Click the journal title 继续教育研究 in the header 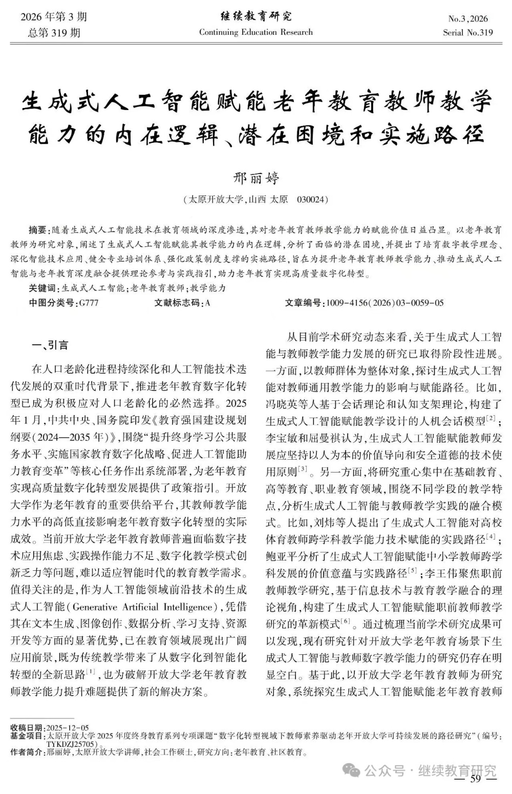tap(255, 17)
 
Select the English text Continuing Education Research tap(255, 32)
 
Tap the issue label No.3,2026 tap(468, 19)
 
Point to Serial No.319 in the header tap(468, 33)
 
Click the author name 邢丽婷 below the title tap(256, 178)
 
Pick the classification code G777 tap(89, 303)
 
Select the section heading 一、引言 tap(50, 345)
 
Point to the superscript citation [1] tap(91, 671)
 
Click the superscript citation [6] tap(346, 621)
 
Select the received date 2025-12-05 tap(67, 728)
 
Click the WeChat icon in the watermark tap(351, 770)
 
